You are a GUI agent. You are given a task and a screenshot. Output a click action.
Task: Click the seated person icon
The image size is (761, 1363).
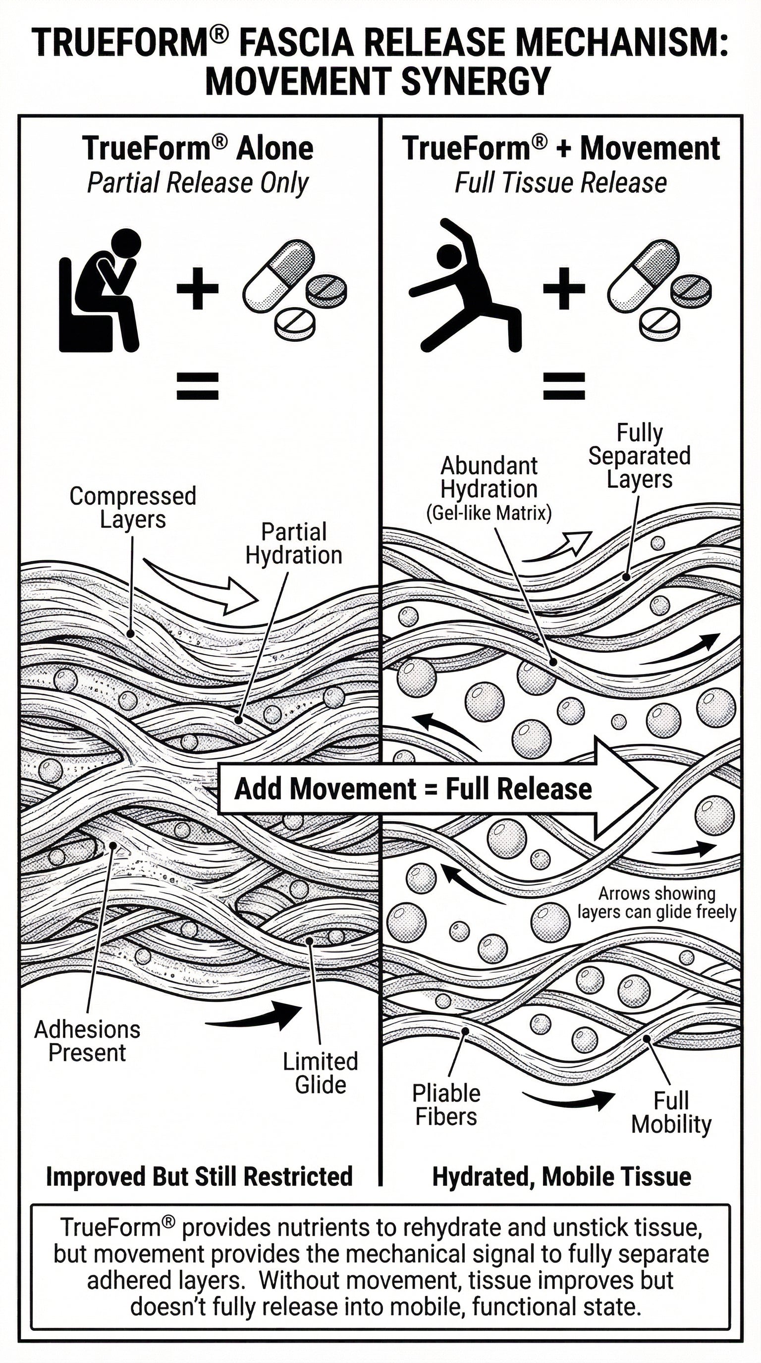101,291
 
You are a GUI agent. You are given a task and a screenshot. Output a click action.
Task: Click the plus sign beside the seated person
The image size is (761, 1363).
197,288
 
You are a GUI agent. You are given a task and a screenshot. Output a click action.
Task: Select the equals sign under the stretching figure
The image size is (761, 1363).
564,386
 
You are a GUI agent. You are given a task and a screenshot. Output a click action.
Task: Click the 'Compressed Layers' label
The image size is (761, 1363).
133,508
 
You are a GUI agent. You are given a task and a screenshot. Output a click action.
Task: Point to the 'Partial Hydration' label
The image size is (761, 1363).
294,544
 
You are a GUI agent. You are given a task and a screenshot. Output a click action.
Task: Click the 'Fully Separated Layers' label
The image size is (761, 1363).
639,456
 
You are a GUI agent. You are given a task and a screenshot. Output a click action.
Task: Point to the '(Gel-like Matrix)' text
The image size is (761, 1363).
489,513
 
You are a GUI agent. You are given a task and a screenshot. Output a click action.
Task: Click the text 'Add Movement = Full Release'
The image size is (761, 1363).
413,789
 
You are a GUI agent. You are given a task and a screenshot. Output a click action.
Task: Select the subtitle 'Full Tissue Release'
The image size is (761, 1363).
560,183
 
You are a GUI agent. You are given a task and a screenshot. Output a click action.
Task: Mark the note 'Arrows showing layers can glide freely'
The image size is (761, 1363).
656,903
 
